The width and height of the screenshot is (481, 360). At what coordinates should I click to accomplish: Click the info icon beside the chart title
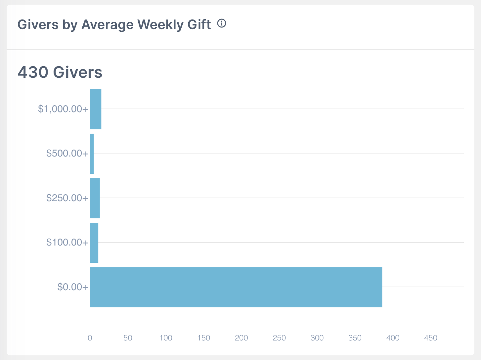[222, 23]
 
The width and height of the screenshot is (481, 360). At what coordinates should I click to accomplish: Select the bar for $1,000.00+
[96, 109]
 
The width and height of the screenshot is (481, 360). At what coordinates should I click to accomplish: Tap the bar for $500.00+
[92, 154]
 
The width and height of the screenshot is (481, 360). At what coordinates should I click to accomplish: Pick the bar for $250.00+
[95, 198]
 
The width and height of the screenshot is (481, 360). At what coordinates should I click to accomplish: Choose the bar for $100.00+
[94, 243]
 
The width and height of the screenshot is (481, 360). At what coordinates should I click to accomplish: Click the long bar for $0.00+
[236, 287]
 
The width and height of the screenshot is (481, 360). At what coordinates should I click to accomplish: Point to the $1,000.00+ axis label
[63, 109]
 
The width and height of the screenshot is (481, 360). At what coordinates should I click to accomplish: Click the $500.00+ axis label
[67, 154]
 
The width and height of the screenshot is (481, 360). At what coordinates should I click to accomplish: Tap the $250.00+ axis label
[67, 198]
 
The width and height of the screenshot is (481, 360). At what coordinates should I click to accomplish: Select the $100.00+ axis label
[67, 243]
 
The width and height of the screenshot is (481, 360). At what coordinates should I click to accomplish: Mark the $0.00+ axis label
[73, 287]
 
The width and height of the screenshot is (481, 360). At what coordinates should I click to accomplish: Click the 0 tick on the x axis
[90, 338]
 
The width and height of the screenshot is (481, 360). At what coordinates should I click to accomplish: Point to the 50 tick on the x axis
[128, 338]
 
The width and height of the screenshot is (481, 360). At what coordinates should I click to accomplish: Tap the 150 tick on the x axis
[203, 338]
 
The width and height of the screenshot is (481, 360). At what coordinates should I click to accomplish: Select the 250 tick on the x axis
[279, 338]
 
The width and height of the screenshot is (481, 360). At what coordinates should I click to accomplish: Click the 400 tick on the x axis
[393, 338]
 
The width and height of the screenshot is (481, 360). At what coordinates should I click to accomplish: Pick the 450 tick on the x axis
[431, 338]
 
